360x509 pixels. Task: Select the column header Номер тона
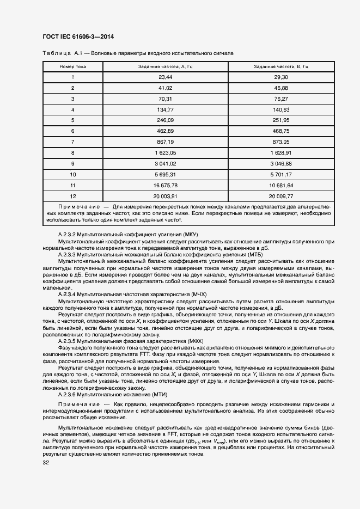point(72,66)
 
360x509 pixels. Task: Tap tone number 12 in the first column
point(72,196)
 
